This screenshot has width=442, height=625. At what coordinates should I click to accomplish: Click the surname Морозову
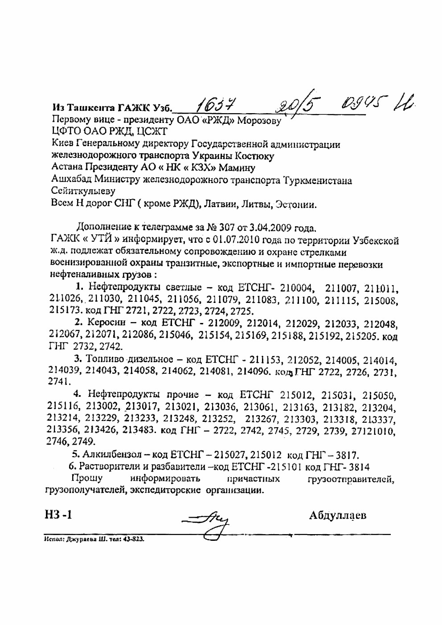[259, 121]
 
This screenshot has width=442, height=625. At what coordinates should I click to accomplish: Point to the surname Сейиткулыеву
[83, 192]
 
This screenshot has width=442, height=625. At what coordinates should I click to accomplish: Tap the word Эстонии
[295, 205]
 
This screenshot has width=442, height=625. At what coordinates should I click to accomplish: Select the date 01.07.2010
[236, 241]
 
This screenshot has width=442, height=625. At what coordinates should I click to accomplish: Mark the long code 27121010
[374, 431]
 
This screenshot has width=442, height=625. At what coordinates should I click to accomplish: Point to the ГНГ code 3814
[356, 467]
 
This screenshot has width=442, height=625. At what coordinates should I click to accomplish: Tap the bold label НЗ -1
[58, 516]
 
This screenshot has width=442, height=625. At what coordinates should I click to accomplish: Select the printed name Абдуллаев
[337, 516]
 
